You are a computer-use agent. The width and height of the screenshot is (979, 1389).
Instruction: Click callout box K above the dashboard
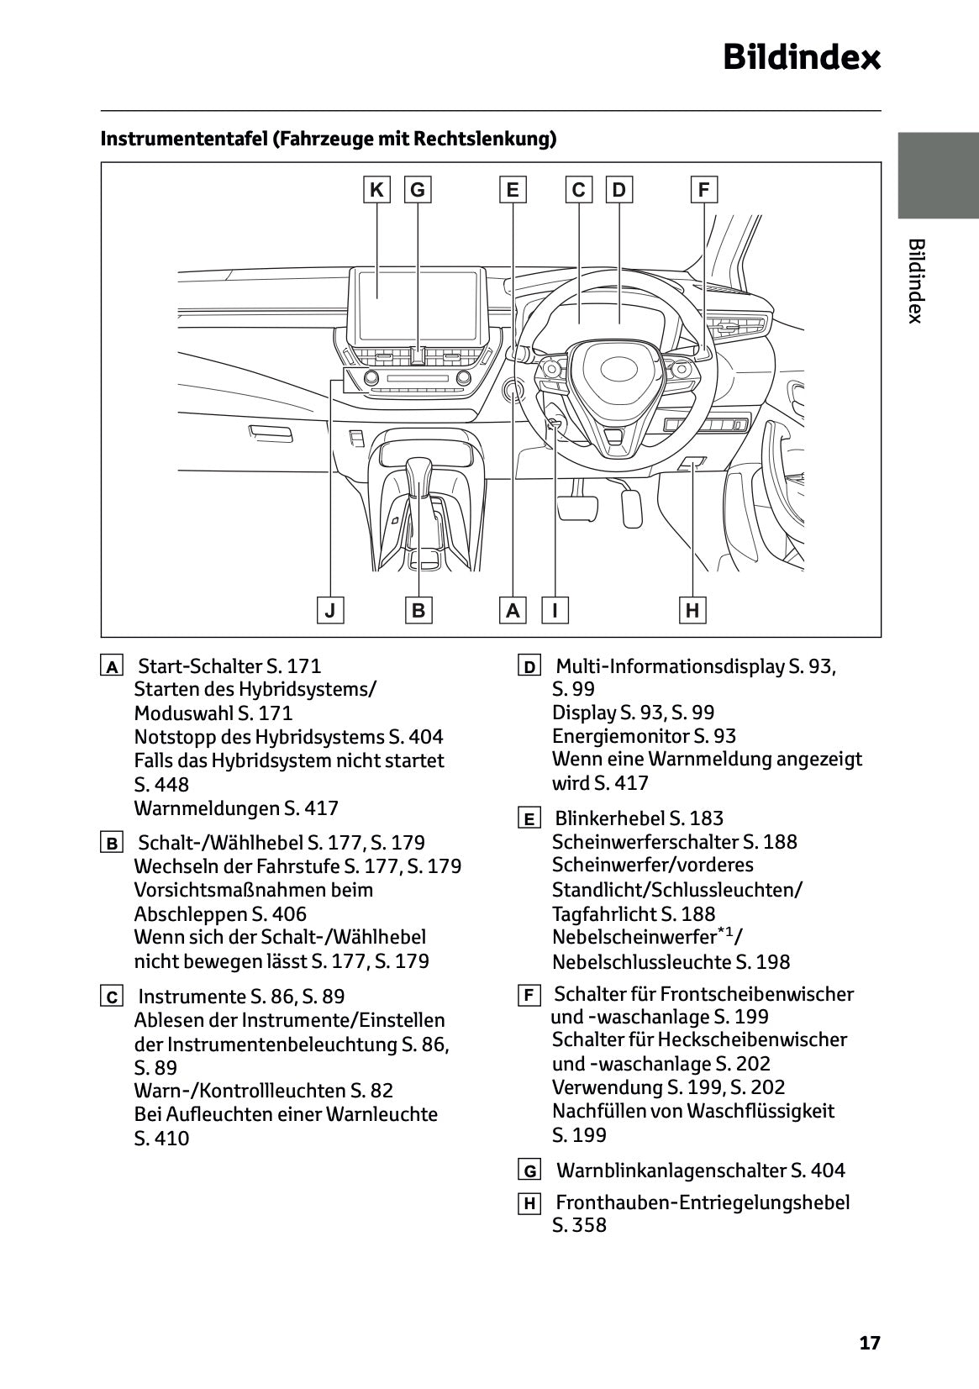tap(376, 190)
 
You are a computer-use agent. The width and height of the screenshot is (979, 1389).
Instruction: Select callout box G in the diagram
tap(418, 190)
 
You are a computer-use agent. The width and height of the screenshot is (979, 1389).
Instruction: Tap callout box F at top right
tap(703, 190)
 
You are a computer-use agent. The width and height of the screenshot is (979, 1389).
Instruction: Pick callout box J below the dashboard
tap(330, 610)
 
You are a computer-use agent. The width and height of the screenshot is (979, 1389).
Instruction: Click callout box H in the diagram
tap(692, 610)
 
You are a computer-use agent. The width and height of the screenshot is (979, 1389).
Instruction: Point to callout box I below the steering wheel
tap(555, 610)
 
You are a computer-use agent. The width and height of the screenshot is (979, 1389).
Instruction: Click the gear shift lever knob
tap(418, 475)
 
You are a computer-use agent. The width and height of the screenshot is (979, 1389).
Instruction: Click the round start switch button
tap(512, 391)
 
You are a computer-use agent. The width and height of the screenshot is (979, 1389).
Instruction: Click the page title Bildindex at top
tap(802, 58)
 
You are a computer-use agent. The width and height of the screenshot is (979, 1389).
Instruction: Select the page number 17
tap(870, 1343)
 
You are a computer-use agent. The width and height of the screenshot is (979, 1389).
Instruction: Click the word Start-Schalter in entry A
tap(199, 666)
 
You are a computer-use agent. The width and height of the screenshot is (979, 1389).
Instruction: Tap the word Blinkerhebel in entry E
tap(610, 818)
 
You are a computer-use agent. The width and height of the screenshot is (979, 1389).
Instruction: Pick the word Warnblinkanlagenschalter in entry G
tap(671, 1171)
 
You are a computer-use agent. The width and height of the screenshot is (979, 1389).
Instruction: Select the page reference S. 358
tap(579, 1225)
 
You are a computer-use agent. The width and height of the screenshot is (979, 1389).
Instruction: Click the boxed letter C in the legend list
tap(111, 997)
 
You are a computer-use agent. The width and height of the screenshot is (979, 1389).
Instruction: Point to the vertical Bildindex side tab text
tap(916, 281)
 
